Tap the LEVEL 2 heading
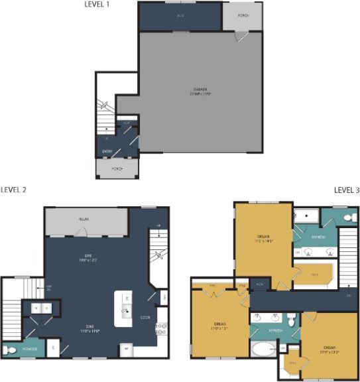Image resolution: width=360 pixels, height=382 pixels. [x=13, y=190]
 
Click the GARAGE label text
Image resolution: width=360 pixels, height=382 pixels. [x=200, y=89]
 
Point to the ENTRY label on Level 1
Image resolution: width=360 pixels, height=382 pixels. [x=107, y=152]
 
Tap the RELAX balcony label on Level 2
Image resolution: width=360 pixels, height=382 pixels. [x=86, y=219]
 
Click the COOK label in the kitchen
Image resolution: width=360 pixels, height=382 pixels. [x=145, y=317]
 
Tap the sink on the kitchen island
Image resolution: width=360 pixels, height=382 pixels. [x=123, y=310]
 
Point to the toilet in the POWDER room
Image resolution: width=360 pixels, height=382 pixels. [x=9, y=350]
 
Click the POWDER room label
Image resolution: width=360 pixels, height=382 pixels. [x=29, y=347]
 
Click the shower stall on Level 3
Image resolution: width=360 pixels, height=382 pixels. [x=307, y=215]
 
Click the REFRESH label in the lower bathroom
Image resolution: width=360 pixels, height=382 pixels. [x=274, y=330]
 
